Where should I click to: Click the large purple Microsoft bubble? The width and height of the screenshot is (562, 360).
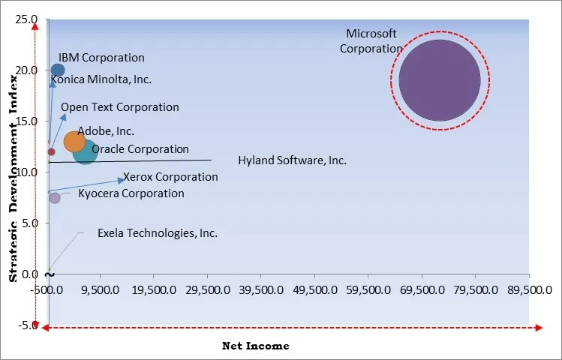[x=440, y=80]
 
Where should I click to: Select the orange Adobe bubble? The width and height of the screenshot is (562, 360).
[x=75, y=141]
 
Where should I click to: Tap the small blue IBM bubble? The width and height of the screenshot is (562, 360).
[x=57, y=70]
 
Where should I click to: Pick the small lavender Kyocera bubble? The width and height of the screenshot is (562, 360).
[x=55, y=198]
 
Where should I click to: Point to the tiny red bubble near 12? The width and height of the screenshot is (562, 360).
[x=51, y=151]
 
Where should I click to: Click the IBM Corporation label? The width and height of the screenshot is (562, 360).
[x=101, y=57]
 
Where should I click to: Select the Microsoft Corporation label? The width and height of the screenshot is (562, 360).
[x=371, y=41]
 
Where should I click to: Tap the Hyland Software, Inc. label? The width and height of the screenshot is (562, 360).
[x=292, y=160]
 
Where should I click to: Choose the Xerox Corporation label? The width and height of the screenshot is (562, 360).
[x=170, y=178]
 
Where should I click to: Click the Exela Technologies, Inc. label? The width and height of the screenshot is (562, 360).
[x=158, y=233]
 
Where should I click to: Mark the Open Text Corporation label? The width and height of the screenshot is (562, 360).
[x=120, y=107]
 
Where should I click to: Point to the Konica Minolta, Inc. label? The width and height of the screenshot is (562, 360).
[x=101, y=79]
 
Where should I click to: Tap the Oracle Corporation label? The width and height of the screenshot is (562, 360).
[x=140, y=149]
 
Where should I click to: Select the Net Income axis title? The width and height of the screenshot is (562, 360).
[x=256, y=346]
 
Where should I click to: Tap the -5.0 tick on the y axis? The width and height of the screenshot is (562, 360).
[x=25, y=325]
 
